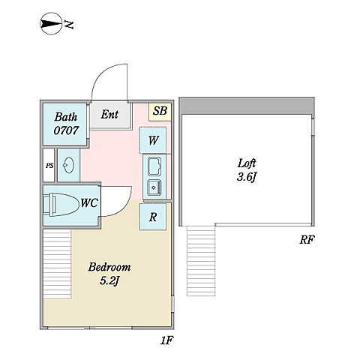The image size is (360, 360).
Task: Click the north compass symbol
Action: tap(51, 24)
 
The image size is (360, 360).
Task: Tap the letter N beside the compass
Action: tap(69, 24)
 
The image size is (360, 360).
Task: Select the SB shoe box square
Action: tap(160, 112)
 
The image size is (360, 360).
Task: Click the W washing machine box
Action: tap(153, 140)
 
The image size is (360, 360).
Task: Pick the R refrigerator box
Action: tap(153, 217)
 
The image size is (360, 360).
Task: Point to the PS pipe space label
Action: tap(49, 166)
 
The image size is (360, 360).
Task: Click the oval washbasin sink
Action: tap(68, 165)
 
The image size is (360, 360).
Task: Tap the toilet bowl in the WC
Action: tap(61, 205)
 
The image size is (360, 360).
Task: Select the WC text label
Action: tap(89, 202)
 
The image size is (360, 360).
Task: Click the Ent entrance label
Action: tap(109, 115)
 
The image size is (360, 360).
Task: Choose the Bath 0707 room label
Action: tap(66, 124)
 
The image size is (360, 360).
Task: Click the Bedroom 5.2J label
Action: tap(109, 274)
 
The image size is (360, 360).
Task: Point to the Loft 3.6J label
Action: tap(247, 170)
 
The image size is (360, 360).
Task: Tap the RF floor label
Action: tap(307, 240)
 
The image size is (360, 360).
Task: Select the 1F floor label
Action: tap(166, 340)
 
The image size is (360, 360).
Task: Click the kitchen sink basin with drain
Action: tap(154, 187)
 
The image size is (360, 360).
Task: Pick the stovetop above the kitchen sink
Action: tap(154, 166)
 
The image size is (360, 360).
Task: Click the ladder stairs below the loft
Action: tap(201, 261)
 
